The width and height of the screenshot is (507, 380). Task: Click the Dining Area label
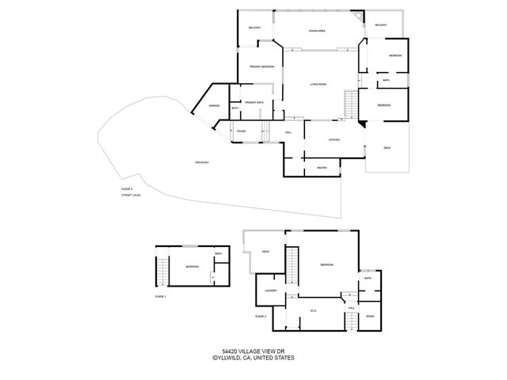pos(318,30)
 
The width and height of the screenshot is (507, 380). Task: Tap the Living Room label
pos(318,84)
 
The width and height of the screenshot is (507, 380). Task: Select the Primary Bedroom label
pos(262,67)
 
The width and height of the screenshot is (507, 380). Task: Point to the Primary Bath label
pos(254,102)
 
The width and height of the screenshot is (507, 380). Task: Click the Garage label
pos(214,105)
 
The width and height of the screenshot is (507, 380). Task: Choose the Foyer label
pos(241,131)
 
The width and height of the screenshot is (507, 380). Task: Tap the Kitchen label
pos(334,140)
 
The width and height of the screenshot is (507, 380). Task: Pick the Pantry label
pos(322,167)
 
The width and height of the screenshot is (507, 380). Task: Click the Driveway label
pos(201,162)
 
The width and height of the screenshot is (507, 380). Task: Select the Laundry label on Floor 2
pos(269,291)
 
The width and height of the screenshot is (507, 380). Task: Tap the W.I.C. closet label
pos(314,310)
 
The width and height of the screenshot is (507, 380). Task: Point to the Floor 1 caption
pos(161,296)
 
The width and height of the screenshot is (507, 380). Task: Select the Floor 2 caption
pos(260,316)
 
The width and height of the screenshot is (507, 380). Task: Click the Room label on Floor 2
pos(370,316)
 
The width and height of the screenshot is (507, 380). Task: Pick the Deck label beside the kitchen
pos(387,148)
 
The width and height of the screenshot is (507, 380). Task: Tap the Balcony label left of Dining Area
pos(254,28)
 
